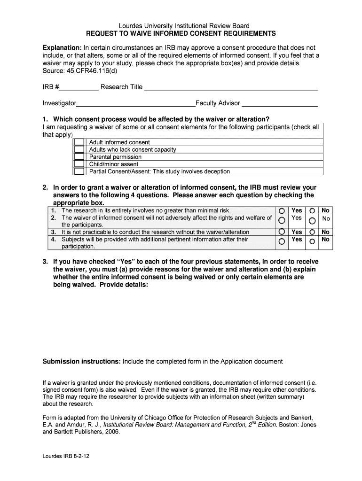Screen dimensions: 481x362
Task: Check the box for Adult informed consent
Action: [x=79, y=142]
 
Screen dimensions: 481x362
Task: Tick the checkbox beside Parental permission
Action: [x=79, y=157]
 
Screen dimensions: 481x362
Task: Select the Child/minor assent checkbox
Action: [x=79, y=164]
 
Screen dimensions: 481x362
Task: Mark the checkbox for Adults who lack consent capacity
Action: [x=79, y=149]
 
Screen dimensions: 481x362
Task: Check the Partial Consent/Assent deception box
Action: [x=79, y=171]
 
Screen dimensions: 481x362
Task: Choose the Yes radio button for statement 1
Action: [x=282, y=211]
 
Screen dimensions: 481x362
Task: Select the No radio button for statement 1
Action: [x=312, y=211]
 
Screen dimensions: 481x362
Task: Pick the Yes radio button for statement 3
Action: [x=282, y=232]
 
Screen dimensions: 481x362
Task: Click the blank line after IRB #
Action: [x=79, y=88]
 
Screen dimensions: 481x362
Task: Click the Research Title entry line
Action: [x=231, y=88]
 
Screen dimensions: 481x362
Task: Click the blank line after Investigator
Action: [x=136, y=104]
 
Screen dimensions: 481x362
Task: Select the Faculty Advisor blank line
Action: [x=280, y=104]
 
